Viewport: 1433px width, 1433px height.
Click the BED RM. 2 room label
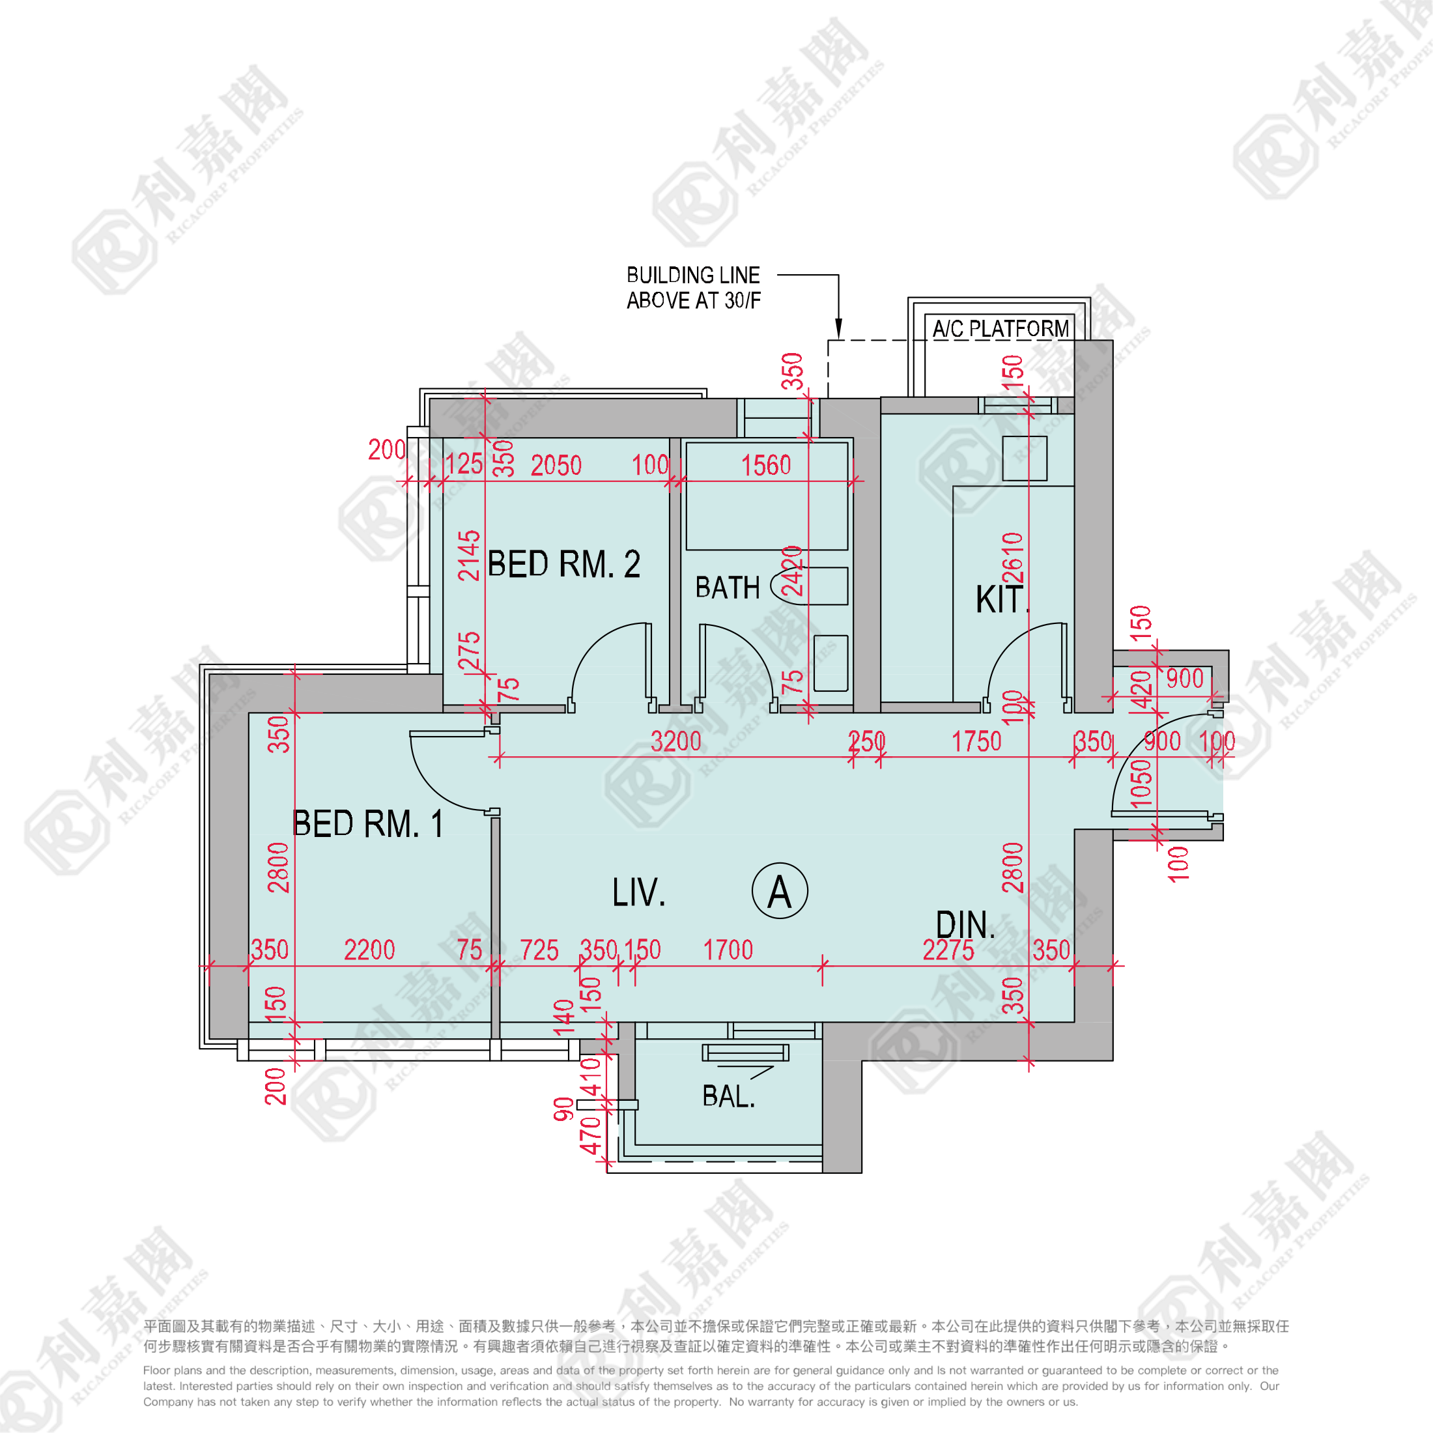tap(563, 565)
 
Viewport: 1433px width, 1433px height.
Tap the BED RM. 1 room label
tap(369, 823)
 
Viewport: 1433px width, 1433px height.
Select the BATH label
tap(728, 588)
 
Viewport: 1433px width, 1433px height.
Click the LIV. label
tap(638, 892)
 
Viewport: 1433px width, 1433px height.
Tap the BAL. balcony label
tap(728, 1096)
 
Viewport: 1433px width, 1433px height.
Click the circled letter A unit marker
tap(780, 891)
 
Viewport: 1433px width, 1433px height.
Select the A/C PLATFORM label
tap(1000, 328)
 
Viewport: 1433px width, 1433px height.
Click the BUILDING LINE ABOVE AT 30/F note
tap(694, 288)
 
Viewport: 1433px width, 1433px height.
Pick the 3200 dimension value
tap(675, 742)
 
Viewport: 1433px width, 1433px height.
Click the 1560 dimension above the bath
tap(766, 466)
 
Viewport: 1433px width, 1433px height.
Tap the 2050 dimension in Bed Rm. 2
tap(556, 466)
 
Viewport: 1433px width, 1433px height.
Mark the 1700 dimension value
tap(728, 950)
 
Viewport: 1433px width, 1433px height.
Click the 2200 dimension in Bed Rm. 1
tap(369, 950)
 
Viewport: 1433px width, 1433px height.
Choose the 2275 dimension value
tap(948, 950)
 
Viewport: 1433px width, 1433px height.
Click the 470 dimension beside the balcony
tap(590, 1135)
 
